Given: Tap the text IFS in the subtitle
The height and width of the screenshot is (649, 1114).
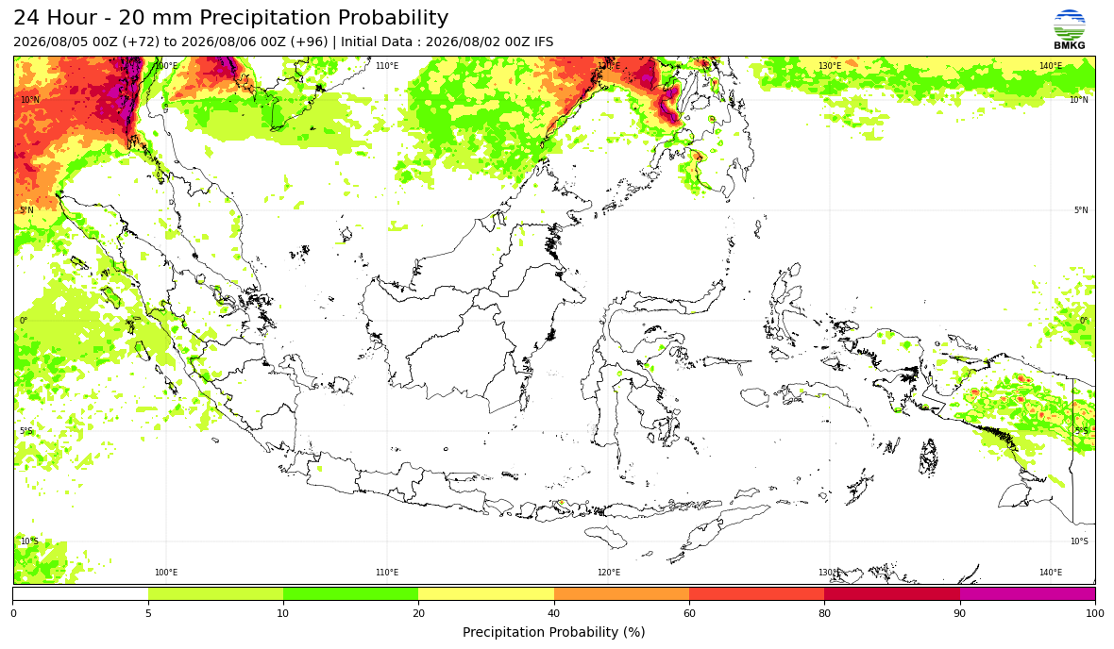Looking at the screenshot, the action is [544, 42].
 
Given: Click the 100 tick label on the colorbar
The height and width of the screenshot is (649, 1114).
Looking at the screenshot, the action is [1095, 613].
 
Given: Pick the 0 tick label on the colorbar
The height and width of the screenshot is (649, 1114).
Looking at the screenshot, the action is [13, 613].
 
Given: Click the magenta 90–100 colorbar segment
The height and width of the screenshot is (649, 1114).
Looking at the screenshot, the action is [1027, 594].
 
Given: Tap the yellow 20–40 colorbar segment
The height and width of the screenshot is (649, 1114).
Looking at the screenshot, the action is [486, 594].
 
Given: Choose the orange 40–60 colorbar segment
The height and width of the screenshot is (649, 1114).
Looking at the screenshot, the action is [621, 594].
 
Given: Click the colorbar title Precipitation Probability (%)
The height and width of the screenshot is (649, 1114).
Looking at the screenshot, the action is [553, 632].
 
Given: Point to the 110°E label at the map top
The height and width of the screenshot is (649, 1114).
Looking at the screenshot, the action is [387, 66].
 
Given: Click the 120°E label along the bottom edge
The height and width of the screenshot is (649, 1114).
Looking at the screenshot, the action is [609, 573].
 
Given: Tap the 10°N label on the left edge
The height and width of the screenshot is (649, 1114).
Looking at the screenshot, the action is [30, 100].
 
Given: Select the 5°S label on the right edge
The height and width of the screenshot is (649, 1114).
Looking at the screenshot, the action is [1081, 431].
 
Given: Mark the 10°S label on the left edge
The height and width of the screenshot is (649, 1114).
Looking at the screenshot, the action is [30, 541].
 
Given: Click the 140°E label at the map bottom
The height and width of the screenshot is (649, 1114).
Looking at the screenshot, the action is [1051, 573].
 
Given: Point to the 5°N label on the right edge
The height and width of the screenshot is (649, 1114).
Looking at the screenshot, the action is [1081, 210].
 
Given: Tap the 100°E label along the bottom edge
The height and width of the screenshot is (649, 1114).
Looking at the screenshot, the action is [166, 573].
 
